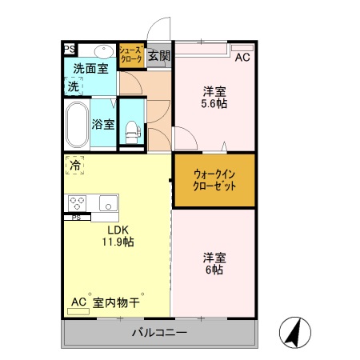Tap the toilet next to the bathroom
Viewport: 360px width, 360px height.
(131, 131)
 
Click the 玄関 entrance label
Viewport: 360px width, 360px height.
(159, 55)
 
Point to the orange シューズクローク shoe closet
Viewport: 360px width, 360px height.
(130, 54)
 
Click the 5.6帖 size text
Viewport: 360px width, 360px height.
(213, 103)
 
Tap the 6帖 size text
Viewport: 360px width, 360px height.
(213, 270)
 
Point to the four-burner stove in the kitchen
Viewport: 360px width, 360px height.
(78, 202)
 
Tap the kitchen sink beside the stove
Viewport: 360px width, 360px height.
(107, 202)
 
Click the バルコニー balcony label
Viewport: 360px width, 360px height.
(160, 333)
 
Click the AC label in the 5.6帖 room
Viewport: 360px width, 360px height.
(242, 57)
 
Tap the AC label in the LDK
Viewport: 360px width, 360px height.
(78, 302)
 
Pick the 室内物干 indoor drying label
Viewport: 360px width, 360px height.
(117, 302)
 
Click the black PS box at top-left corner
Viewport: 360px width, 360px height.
(69, 49)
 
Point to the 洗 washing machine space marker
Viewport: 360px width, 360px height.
(73, 85)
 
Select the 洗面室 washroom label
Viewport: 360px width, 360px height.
(91, 68)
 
